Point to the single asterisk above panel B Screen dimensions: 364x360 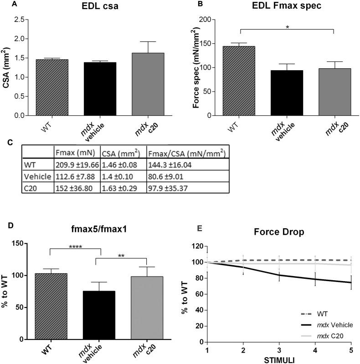click(287, 27)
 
